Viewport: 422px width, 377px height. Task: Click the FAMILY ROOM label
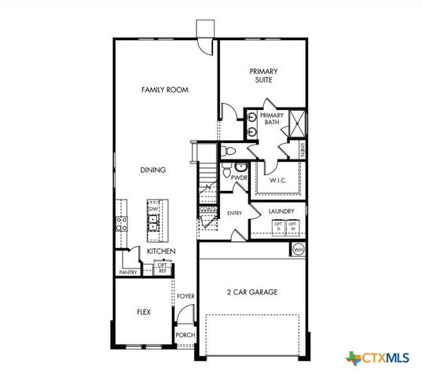click(x=165, y=90)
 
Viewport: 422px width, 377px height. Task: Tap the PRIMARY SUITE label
click(x=264, y=75)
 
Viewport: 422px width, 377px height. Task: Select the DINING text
click(x=152, y=170)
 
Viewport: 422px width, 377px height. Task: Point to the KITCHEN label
click(x=160, y=251)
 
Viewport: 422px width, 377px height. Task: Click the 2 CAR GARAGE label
click(x=251, y=292)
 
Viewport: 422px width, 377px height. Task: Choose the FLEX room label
click(x=144, y=312)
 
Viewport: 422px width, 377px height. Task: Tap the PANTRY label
click(x=128, y=273)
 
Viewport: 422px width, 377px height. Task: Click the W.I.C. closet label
click(x=279, y=181)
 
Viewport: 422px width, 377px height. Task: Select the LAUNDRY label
click(x=281, y=211)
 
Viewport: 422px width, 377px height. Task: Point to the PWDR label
click(x=239, y=178)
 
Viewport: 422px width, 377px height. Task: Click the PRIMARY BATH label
click(x=271, y=119)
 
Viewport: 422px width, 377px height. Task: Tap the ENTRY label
click(x=235, y=213)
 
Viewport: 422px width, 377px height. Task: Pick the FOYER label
click(x=185, y=296)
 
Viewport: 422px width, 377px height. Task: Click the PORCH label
click(x=185, y=335)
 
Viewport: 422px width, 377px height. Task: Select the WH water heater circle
click(x=298, y=249)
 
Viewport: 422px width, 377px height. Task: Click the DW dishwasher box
click(x=154, y=208)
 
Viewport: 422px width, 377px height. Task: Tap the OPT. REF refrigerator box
click(x=163, y=268)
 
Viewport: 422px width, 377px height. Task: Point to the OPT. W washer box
click(x=292, y=227)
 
